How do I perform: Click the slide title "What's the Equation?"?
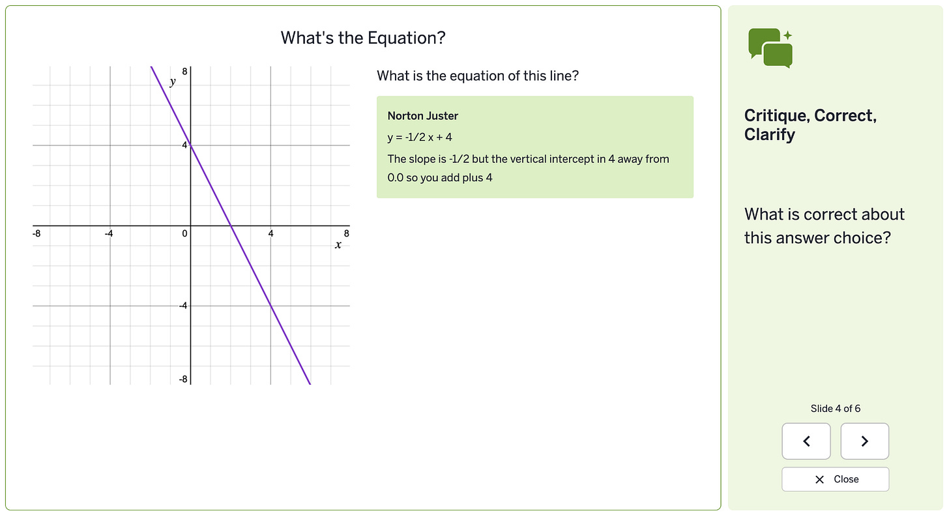point(363,38)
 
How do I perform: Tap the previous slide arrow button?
point(806,441)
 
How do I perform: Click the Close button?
point(835,479)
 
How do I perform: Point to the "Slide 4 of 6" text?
point(835,409)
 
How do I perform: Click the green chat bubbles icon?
point(770,48)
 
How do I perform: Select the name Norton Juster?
point(422,116)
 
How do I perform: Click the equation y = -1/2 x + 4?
point(419,138)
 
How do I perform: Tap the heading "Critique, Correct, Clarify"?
point(810,125)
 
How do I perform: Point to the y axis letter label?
point(173,81)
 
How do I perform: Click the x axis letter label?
point(338,244)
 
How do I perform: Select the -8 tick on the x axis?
point(38,233)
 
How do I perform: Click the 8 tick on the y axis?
point(184,71)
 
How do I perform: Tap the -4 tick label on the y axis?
point(183,306)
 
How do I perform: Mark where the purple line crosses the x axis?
point(231,226)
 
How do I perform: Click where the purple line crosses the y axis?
point(190,145)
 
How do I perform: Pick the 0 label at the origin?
point(185,233)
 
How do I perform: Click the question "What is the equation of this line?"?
point(478,76)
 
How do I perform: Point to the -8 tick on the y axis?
point(183,379)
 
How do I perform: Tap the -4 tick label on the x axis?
point(110,233)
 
